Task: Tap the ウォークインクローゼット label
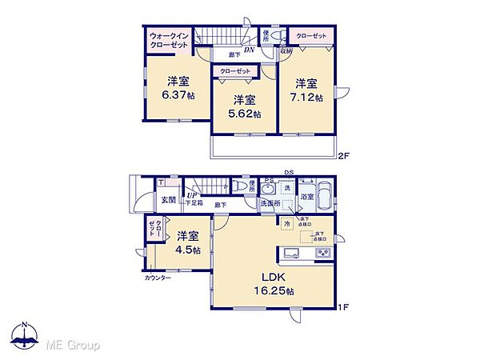tap(170, 41)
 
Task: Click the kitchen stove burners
tap(324, 255)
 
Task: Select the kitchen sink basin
tap(292, 255)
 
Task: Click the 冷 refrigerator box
tap(286, 225)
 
